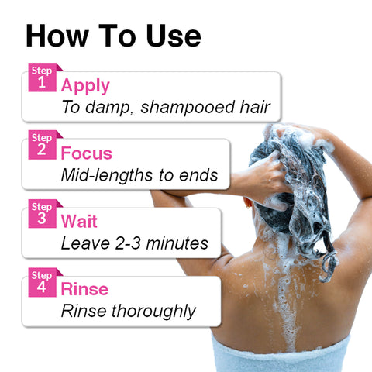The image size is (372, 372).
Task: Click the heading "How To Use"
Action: coord(113,36)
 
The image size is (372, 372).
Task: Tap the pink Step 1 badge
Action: coord(41,77)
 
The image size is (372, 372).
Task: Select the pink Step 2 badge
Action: coord(41,146)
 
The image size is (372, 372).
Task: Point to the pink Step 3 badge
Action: coord(41,213)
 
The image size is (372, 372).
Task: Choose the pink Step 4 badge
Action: coord(41,281)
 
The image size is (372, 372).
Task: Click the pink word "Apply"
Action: coord(85,85)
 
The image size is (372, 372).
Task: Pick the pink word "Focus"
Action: coord(87,153)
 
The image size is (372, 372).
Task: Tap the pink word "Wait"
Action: coord(81,222)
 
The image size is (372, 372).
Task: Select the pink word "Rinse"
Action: coord(84,290)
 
